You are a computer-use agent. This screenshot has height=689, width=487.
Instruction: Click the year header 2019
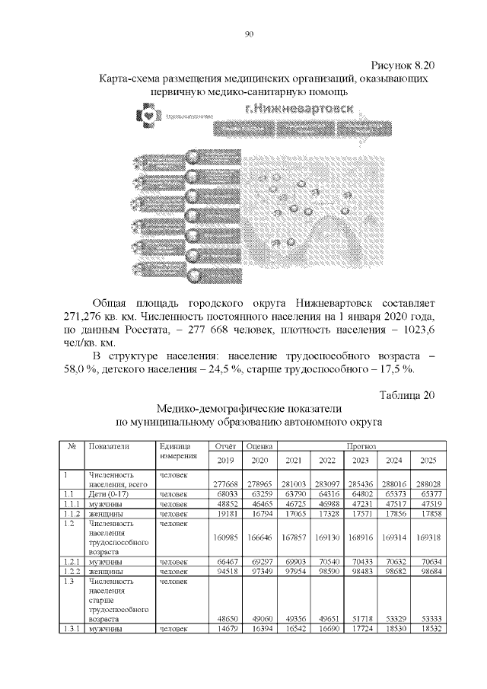coord(226,461)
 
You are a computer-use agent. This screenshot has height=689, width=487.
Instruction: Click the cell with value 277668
coord(226,483)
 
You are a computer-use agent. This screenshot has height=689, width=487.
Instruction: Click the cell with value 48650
coord(227,619)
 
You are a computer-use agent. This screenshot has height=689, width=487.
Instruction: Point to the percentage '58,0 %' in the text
coord(79,369)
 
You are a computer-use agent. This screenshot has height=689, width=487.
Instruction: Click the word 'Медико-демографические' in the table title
coord(217,408)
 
